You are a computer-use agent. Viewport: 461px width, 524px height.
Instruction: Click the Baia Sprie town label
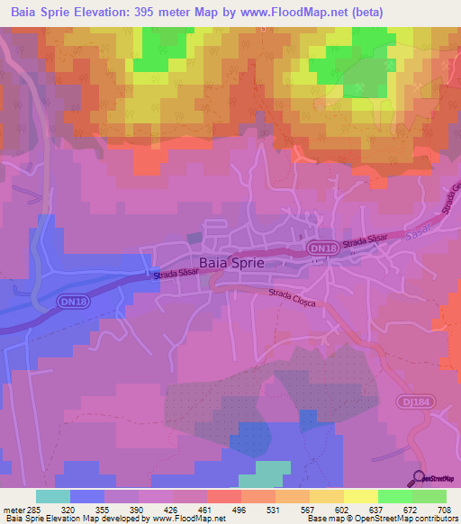click(x=232, y=263)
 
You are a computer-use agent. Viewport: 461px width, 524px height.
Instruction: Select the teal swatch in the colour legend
click(x=53, y=496)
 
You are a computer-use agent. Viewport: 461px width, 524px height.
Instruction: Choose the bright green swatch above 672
click(x=394, y=496)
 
